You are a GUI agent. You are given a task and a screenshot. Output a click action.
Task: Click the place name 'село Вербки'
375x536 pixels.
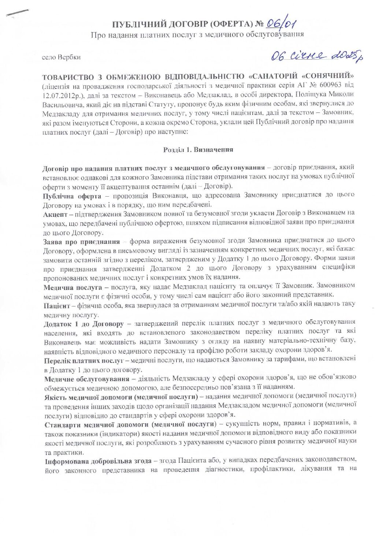[x=61, y=57]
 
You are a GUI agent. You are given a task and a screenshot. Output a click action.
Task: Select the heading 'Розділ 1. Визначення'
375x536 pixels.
[x=198, y=149]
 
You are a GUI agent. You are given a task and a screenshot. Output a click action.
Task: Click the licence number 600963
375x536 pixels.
[x=333, y=85]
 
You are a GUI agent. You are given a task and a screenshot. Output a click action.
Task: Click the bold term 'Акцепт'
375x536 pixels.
[x=55, y=213]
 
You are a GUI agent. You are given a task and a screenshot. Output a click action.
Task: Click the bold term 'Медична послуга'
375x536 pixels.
[x=73, y=287]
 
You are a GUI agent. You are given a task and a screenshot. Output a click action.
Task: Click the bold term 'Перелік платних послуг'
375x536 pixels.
[x=83, y=360]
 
